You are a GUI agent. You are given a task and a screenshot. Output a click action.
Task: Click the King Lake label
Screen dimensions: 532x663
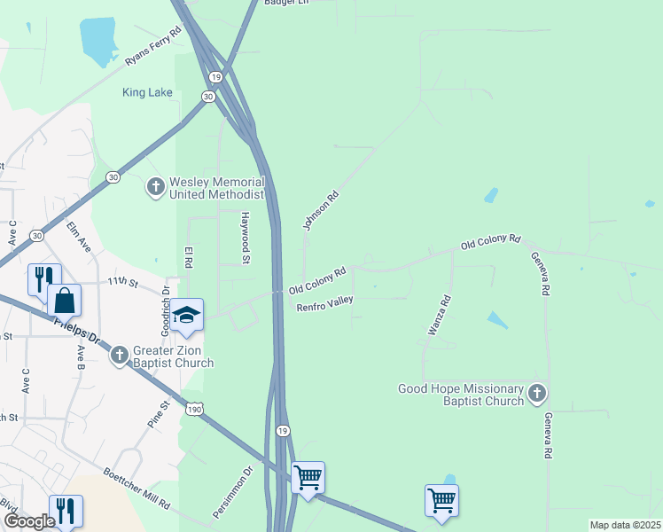pyautogui.click(x=148, y=91)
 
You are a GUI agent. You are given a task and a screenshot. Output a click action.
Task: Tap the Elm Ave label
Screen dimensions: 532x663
pyautogui.click(x=79, y=237)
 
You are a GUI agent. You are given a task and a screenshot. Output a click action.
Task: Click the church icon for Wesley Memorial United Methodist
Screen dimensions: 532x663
pyautogui.click(x=155, y=187)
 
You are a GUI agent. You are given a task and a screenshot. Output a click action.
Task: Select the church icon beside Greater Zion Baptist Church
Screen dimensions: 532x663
pyautogui.click(x=120, y=356)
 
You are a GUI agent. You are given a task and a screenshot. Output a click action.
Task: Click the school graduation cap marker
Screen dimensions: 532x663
pyautogui.click(x=187, y=315)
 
